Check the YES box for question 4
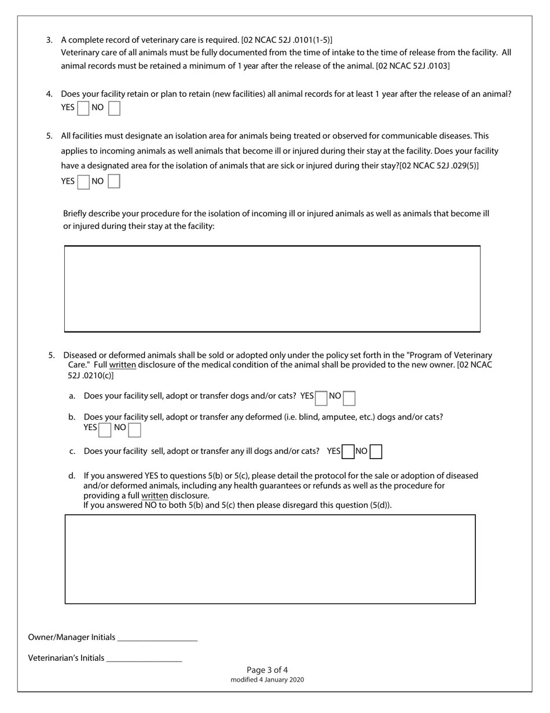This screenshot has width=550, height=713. click(83, 108)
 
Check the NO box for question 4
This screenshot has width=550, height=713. click(114, 108)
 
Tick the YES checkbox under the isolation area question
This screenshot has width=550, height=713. click(83, 182)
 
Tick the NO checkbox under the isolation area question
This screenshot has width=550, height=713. click(114, 182)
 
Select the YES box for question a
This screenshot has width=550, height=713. click(321, 398)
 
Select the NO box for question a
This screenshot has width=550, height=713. click(349, 398)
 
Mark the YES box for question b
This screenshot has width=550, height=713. click(105, 430)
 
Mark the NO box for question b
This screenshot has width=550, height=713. click(134, 430)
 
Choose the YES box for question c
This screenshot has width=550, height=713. click(348, 452)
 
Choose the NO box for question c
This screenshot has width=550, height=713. click(376, 452)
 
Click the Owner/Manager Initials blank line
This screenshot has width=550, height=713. click(157, 637)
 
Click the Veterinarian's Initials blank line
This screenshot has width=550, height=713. click(144, 658)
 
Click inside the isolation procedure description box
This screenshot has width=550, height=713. click(272, 289)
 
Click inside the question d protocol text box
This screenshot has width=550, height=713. click(270, 559)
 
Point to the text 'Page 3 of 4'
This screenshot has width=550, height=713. click(267, 670)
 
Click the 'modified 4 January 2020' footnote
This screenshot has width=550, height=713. click(267, 679)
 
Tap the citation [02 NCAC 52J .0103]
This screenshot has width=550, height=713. click(412, 66)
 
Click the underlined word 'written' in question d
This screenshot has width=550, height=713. click(155, 496)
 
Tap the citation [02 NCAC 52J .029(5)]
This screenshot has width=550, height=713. click(439, 166)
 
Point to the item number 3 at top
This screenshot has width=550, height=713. click(49, 40)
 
